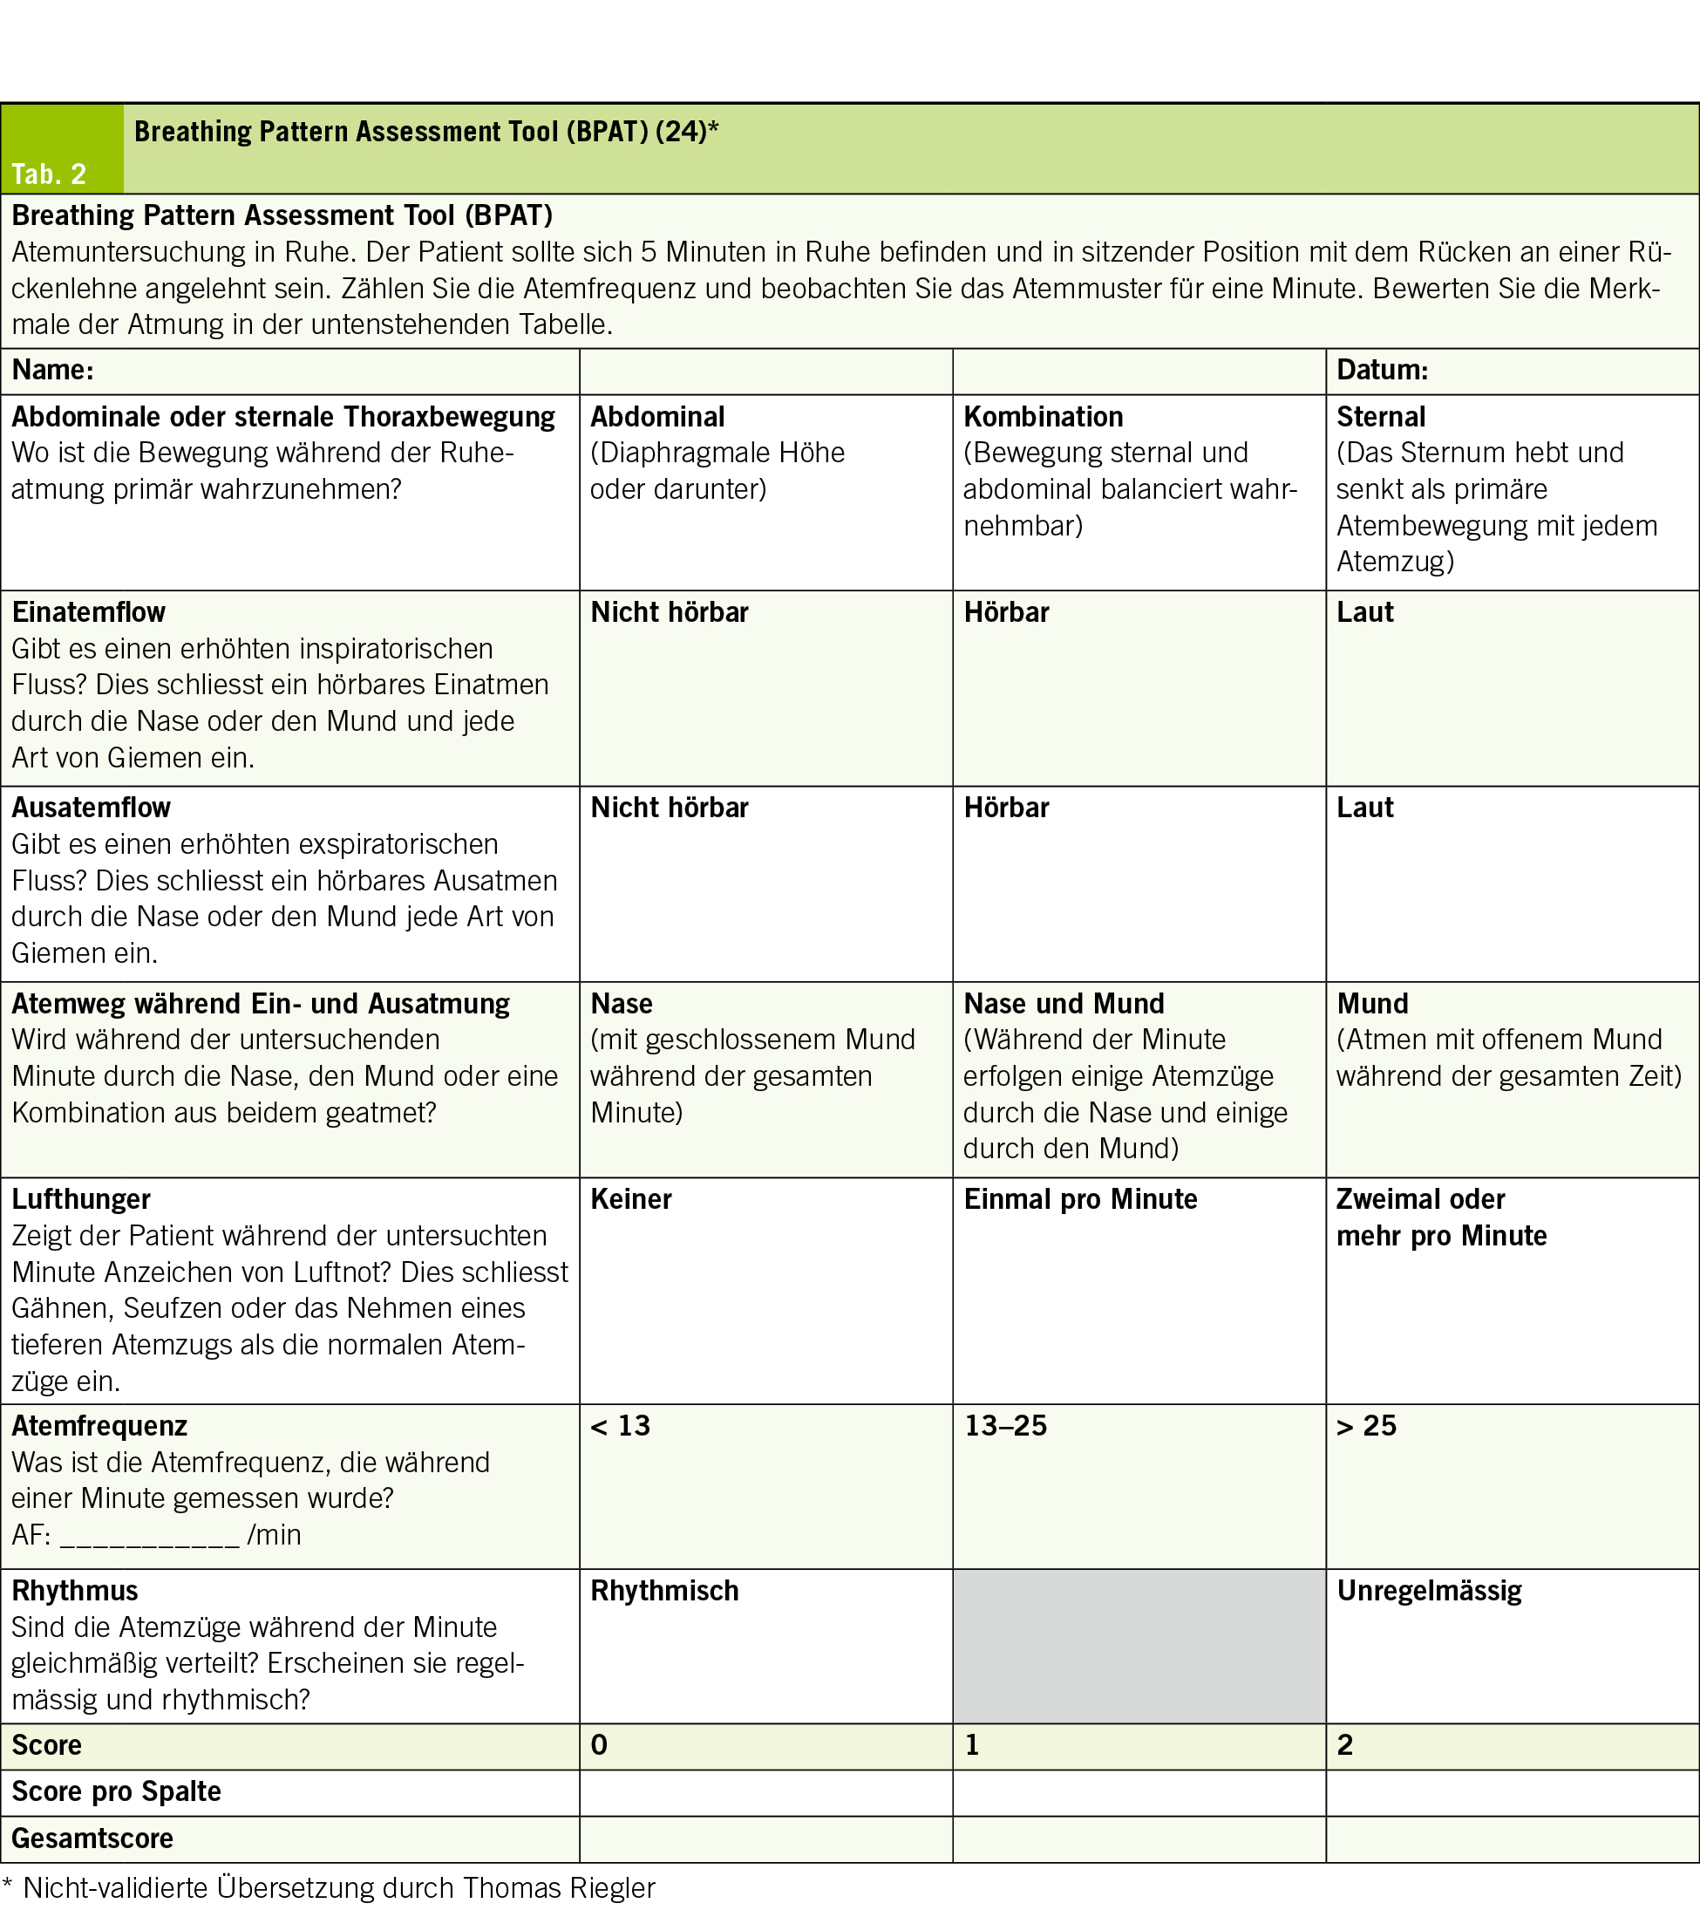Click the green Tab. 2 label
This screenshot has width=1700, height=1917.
pos(49,174)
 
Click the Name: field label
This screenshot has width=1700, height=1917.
pos(52,370)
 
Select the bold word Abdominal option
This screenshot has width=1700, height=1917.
pos(657,416)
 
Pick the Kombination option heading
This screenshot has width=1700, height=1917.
pos(1043,416)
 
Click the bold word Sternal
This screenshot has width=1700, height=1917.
pos(1380,416)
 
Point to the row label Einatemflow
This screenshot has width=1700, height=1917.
pos(88,611)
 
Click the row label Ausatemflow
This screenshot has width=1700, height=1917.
pos(91,808)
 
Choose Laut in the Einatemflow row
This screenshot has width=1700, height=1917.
pos(1364,611)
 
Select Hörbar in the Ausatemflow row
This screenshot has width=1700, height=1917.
pos(1006,808)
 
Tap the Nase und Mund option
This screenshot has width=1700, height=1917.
pos(1064,1004)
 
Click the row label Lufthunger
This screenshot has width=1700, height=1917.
pos(80,1198)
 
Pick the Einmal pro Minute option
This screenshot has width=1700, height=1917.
pos(1080,1198)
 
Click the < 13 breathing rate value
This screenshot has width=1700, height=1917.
pos(620,1426)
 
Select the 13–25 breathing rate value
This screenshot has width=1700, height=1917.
pos(1005,1426)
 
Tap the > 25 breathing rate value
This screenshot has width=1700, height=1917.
pos(1366,1426)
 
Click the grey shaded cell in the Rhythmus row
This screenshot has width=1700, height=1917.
pos(1139,1646)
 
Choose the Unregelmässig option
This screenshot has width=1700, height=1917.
pos(1429,1591)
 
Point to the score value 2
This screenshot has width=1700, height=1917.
pos(1344,1744)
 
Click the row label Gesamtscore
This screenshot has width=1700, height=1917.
pos(92,1839)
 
